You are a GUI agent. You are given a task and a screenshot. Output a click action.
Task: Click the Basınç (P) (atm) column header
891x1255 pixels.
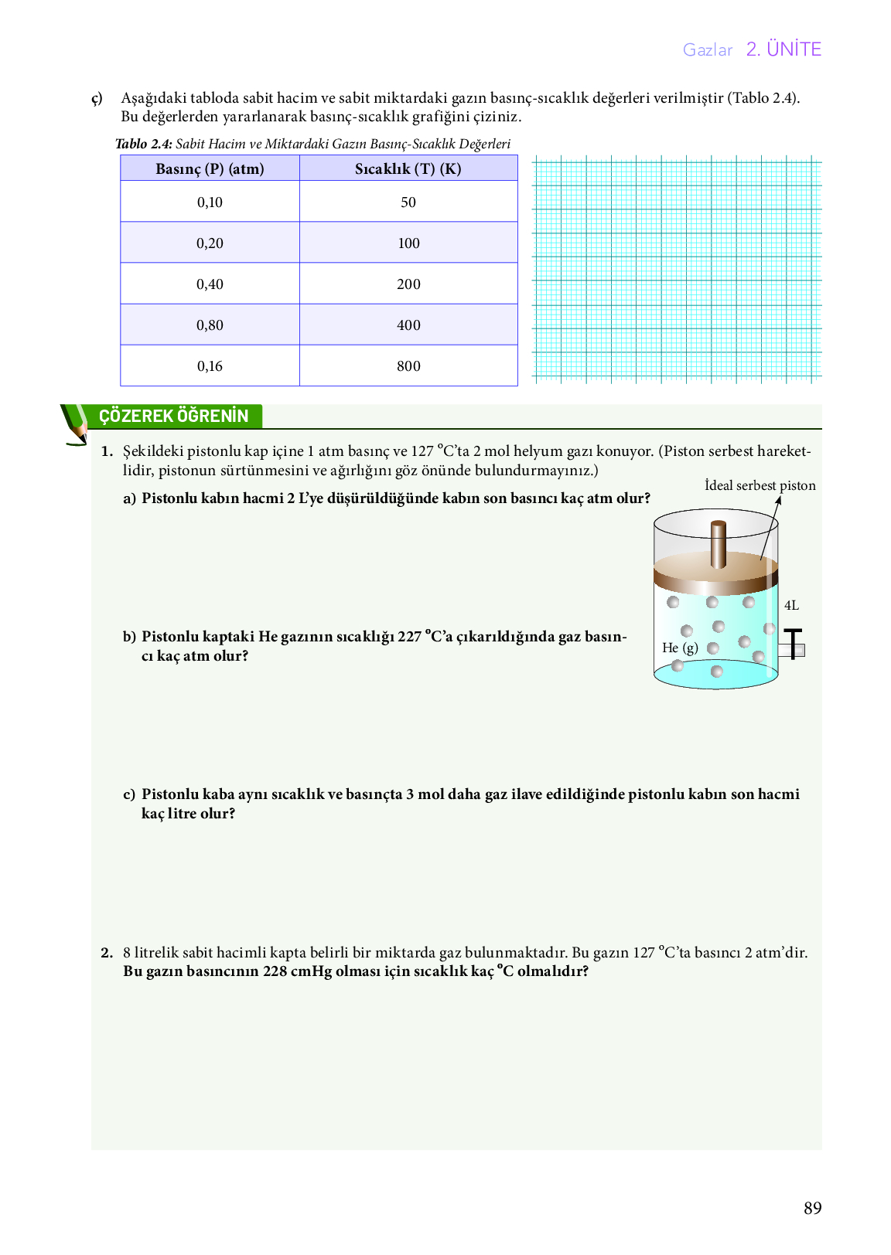(x=210, y=168)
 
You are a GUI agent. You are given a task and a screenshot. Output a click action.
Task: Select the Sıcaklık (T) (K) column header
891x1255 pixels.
(x=408, y=168)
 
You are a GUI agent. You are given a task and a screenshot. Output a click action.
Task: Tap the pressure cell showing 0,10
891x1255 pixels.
(x=210, y=202)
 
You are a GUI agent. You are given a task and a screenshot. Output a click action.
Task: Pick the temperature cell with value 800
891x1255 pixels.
(x=408, y=366)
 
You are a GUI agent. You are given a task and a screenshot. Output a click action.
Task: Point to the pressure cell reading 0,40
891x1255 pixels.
(x=210, y=284)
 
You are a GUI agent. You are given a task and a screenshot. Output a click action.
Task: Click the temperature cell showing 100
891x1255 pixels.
(x=408, y=243)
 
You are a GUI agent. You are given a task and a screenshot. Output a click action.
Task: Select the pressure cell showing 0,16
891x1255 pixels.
(x=210, y=366)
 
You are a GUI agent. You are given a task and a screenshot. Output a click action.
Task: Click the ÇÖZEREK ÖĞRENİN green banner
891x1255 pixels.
(x=174, y=416)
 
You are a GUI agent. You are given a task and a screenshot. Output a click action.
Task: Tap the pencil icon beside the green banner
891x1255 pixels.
(x=75, y=424)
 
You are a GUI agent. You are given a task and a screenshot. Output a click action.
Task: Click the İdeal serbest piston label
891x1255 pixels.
(x=760, y=486)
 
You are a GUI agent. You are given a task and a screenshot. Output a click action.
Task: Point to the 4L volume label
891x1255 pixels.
(x=791, y=606)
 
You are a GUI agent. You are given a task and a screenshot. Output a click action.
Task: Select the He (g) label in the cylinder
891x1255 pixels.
(x=680, y=648)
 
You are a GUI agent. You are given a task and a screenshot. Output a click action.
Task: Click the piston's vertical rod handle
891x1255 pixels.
(x=719, y=543)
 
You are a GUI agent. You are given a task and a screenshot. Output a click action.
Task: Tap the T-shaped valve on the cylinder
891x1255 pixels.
(x=793, y=645)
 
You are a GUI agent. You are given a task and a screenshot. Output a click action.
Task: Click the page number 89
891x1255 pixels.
(x=812, y=1209)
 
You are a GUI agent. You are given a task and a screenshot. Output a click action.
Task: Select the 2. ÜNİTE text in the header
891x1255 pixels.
(x=783, y=49)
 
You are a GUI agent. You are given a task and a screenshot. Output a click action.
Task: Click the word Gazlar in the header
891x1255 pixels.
(x=707, y=50)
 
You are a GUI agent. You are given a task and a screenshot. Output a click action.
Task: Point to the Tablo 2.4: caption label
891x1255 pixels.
(x=143, y=144)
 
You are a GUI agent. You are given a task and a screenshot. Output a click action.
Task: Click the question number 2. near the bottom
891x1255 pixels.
(x=107, y=953)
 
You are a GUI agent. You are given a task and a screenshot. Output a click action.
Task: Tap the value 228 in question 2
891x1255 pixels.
(x=275, y=971)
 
